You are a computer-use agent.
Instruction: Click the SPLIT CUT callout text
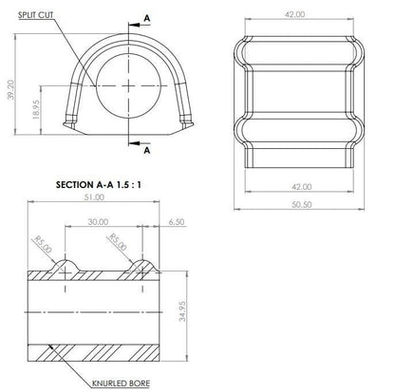pos(35,15)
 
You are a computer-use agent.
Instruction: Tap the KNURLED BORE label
pos(121,383)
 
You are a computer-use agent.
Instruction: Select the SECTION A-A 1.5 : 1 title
pos(99,185)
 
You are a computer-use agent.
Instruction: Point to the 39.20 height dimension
pos(11,89)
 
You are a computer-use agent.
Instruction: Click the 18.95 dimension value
pos(36,109)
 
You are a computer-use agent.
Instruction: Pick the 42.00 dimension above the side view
pos(294,14)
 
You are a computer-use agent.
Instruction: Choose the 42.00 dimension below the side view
pos(301,187)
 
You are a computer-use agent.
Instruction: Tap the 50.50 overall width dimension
pos(301,204)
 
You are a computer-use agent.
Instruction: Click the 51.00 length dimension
pos(94,196)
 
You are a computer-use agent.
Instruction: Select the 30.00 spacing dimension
pos(98,222)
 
